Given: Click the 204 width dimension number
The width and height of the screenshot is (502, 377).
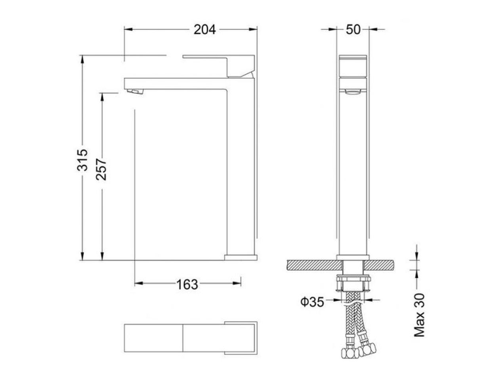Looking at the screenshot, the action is pos(204,30).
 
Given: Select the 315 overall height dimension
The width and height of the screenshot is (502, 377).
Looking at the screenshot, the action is pos(82,160).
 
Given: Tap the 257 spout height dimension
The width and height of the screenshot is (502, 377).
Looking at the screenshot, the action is pos(101,169).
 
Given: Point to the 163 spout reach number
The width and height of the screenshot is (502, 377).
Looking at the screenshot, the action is pos(187,285).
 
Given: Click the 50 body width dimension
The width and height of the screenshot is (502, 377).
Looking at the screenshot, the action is pos(353,30).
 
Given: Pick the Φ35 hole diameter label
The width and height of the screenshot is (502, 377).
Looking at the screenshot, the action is pos(312,302).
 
